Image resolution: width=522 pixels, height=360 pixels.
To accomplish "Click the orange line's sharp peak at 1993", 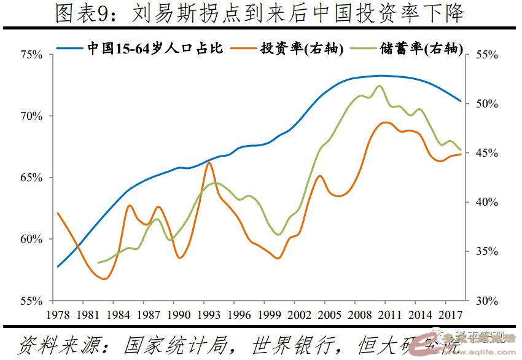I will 209,163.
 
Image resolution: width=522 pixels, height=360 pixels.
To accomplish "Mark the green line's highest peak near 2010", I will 380,86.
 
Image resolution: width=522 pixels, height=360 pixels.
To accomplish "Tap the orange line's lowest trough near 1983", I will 104,279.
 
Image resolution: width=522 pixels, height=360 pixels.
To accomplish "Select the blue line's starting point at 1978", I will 58,267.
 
